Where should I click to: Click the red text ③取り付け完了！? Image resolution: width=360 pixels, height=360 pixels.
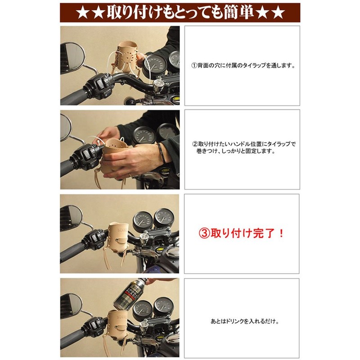point(241,234)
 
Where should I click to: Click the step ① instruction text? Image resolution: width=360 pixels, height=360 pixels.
point(243,66)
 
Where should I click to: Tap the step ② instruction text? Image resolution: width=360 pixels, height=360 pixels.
point(244,148)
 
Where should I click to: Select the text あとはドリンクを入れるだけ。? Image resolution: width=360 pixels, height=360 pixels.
point(245,321)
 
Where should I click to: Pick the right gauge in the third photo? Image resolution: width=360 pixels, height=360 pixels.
point(164,218)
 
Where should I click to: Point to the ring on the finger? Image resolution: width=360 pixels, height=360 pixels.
point(130,175)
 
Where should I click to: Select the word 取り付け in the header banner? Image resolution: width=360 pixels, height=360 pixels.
point(134,13)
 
